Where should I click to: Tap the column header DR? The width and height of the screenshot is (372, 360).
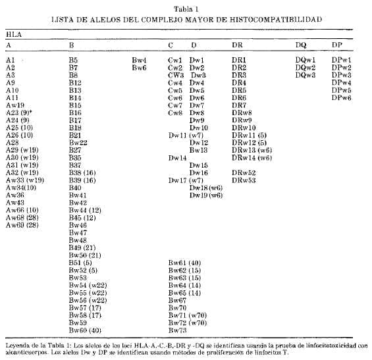[237, 45]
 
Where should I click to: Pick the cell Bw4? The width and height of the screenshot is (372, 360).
[139, 60]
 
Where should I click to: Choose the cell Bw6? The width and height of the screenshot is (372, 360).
[139, 67]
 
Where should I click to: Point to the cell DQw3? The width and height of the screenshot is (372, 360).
[306, 75]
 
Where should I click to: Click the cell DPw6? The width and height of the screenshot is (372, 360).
[342, 97]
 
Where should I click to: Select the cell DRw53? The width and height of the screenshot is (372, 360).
[244, 180]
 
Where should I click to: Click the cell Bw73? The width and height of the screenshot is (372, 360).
[178, 330]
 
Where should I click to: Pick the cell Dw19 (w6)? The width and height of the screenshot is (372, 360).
[205, 195]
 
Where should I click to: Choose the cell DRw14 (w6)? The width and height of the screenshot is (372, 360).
[252, 157]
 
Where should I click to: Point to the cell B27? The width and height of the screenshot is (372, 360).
[75, 150]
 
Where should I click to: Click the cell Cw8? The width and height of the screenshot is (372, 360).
[174, 112]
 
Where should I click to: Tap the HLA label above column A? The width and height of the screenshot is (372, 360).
[13, 32]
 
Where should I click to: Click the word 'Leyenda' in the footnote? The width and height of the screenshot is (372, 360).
[18, 344]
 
